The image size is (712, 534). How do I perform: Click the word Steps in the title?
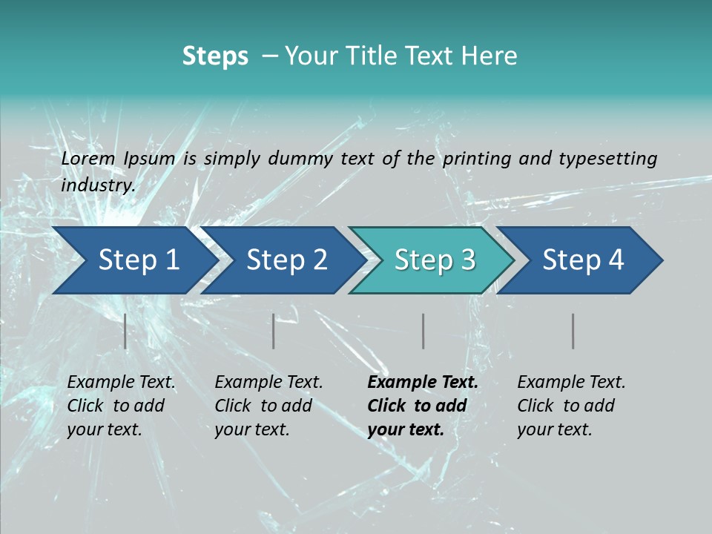pyautogui.click(x=215, y=56)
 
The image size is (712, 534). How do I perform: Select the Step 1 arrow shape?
pyautogui.click(x=133, y=260)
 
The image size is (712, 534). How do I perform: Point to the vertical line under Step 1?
pyautogui.click(x=125, y=331)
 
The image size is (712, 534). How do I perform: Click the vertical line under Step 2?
pyautogui.click(x=274, y=331)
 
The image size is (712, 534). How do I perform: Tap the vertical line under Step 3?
pyautogui.click(x=423, y=331)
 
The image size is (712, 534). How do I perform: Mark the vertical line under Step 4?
pyautogui.click(x=573, y=331)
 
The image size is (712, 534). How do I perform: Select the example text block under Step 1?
pyautogui.click(x=121, y=406)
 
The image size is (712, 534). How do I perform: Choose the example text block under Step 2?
pyautogui.click(x=268, y=406)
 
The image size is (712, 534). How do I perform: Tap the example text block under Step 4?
pyautogui.click(x=571, y=406)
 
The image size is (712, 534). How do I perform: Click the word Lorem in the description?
pyautogui.click(x=88, y=158)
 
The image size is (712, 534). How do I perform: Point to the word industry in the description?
pyautogui.click(x=97, y=185)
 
